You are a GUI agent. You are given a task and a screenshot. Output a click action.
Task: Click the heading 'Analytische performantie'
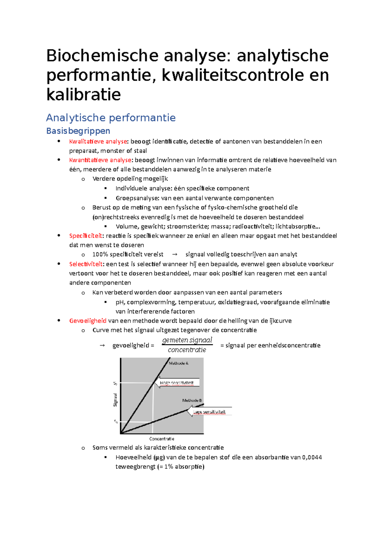click(111, 118)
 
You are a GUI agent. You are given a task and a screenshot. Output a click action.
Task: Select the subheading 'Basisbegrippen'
click(78, 131)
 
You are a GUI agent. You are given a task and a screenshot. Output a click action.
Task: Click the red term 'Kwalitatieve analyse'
click(98, 141)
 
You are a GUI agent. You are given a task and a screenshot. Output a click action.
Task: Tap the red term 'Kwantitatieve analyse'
click(100, 160)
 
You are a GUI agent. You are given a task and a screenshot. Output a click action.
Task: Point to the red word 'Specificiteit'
click(85, 236)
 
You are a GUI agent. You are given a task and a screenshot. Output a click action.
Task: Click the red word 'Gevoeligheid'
click(88, 321)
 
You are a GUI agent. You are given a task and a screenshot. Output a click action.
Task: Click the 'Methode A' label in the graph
click(179, 363)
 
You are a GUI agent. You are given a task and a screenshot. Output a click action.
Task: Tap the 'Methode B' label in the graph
click(192, 400)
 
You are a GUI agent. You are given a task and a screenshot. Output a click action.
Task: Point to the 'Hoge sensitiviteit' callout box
click(177, 383)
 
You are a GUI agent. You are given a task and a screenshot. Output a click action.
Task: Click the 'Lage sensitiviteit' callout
click(209, 412)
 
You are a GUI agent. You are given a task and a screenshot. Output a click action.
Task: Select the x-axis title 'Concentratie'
click(162, 439)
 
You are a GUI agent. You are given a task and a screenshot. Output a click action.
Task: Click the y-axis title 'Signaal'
click(115, 400)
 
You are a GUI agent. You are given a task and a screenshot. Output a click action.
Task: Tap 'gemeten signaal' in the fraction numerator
click(187, 340)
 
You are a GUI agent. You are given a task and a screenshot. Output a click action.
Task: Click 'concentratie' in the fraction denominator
click(187, 350)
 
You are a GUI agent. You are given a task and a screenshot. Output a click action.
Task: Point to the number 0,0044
click(312, 457)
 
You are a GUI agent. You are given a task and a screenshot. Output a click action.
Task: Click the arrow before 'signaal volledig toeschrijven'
click(174, 255)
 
